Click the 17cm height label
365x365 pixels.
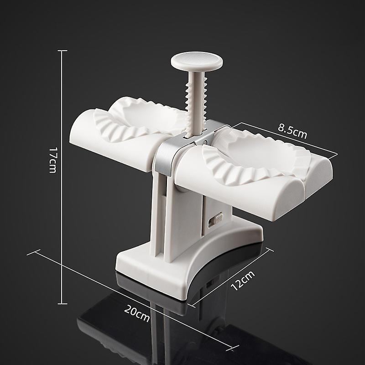53,160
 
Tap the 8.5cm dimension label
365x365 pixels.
292,131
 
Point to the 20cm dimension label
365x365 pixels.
137,313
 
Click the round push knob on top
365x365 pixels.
197,61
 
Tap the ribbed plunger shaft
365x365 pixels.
196,102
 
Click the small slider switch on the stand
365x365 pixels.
215,219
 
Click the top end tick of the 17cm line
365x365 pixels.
63,51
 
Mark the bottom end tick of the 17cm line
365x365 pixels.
63,303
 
